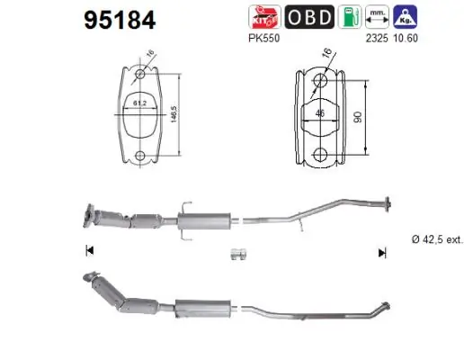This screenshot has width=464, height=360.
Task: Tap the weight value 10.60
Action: coord(407,38)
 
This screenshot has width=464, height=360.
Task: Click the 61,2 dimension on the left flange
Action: coord(140,103)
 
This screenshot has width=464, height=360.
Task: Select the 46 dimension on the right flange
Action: coord(319,113)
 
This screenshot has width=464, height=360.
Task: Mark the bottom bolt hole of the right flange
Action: coord(320,152)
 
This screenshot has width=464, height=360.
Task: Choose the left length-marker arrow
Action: coord(88,251)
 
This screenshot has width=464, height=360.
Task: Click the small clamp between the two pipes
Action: coord(236,256)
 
